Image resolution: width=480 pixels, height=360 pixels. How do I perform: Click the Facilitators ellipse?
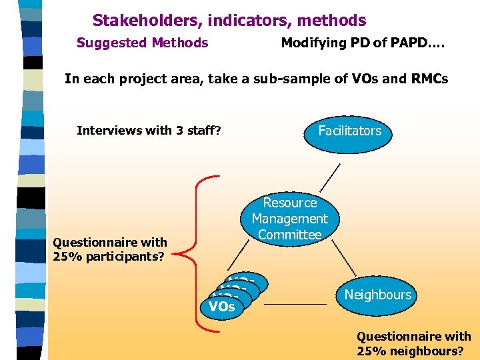[x=350, y=131]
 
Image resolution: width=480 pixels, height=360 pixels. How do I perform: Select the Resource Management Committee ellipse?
[x=290, y=219]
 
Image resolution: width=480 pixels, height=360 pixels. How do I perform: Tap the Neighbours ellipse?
[x=378, y=295]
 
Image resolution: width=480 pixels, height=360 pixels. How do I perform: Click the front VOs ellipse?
[x=222, y=307]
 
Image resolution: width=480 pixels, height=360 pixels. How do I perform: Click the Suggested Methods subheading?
[x=142, y=43]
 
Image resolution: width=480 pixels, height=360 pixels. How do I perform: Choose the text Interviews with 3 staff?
[x=149, y=131]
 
